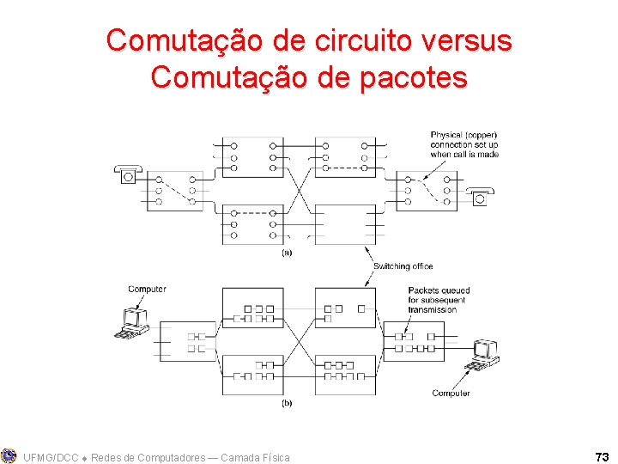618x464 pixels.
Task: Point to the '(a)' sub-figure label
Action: pyautogui.click(x=287, y=253)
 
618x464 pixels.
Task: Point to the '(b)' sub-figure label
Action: pyautogui.click(x=287, y=402)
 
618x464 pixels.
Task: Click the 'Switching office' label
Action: pyautogui.click(x=403, y=266)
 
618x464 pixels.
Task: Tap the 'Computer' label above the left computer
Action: pyautogui.click(x=147, y=290)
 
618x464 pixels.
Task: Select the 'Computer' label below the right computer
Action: pyautogui.click(x=451, y=394)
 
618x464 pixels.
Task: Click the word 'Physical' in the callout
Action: pyautogui.click(x=446, y=135)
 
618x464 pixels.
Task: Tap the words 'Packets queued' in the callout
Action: pyautogui.click(x=439, y=290)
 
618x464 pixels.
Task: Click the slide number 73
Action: pyautogui.click(x=601, y=456)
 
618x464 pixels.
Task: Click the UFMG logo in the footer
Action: pyautogui.click(x=9, y=455)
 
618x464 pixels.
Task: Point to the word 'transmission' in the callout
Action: pyautogui.click(x=433, y=309)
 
